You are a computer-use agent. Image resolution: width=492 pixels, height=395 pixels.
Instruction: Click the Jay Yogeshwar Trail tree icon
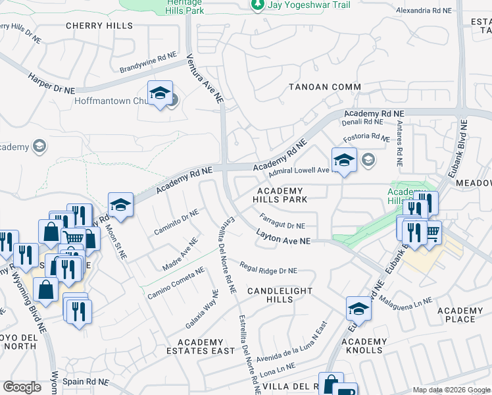coord(258,5)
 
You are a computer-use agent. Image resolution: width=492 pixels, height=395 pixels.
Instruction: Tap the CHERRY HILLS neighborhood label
coord(99,26)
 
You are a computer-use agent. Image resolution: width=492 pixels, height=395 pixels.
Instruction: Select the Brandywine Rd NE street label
coord(149,63)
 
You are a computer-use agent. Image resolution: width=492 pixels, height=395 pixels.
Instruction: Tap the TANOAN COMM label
coord(325,87)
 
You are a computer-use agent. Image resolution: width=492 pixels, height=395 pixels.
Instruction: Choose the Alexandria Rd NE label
coord(424,11)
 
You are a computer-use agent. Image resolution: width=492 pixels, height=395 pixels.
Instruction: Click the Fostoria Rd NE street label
coord(367,138)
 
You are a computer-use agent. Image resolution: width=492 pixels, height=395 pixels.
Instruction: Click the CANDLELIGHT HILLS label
coord(279,295)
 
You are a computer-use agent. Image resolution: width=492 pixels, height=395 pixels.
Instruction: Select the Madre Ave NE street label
coord(180,255)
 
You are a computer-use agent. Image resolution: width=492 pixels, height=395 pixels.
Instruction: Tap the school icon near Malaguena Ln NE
coord(358,308)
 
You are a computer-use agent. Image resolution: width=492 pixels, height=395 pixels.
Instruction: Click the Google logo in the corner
coord(22,387)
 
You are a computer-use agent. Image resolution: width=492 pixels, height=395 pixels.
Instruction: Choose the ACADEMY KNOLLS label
coord(364,346)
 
